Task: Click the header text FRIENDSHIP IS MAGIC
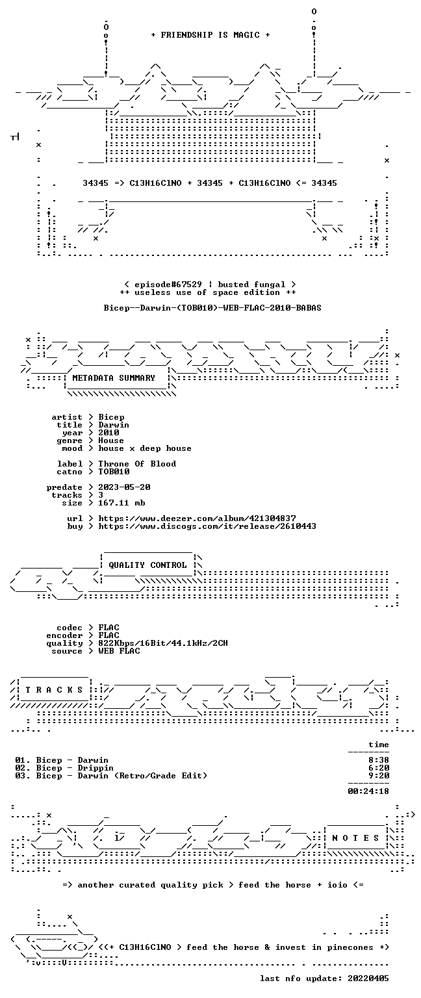[x=210, y=34]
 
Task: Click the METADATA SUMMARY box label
[x=114, y=377]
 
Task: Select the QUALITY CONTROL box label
[x=147, y=565]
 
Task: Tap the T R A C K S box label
[x=55, y=689]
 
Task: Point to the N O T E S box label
[x=355, y=838]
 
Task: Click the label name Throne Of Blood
[x=137, y=464]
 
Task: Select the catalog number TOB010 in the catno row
[x=114, y=471]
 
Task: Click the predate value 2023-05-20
[x=124, y=487]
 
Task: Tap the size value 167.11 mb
[x=121, y=502]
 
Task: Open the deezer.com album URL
[x=197, y=518]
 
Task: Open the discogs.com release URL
[x=207, y=526]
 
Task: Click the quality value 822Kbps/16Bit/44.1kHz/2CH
[x=163, y=643]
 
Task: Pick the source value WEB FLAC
[x=119, y=651]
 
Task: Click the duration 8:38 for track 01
[x=379, y=760]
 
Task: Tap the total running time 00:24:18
[x=368, y=791]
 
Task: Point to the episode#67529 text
[x=168, y=284]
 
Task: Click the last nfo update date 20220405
[x=368, y=979]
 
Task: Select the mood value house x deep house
[x=145, y=448]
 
